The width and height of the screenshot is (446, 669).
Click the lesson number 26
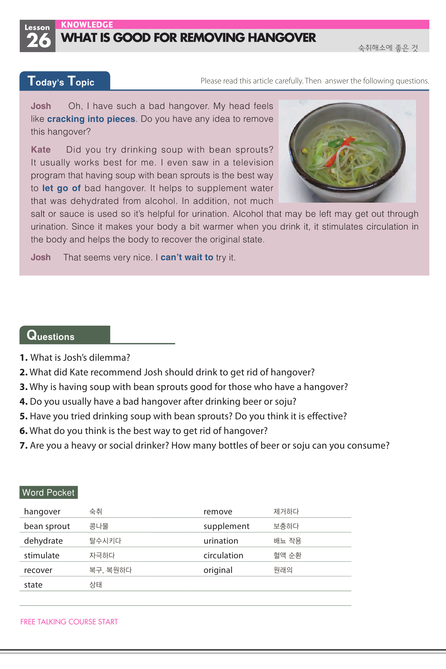tap(38, 41)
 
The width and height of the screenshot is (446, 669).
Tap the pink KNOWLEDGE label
tap(87, 25)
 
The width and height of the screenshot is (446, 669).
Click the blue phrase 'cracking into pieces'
tap(91, 119)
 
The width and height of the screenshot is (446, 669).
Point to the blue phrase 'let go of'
tap(61, 188)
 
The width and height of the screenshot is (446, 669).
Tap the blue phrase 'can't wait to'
tap(187, 257)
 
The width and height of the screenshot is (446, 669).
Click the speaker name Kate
tap(41, 150)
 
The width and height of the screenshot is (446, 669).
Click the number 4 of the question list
tap(23, 402)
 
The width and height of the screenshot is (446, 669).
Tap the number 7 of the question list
tap(23, 446)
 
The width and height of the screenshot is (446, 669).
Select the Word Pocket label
tap(48, 493)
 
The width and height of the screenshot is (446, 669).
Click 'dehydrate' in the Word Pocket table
tap(43, 541)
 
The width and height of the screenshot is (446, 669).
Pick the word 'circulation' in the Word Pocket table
tap(223, 556)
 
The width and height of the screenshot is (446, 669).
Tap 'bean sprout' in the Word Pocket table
tap(47, 526)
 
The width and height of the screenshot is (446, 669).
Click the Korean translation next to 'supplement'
tap(286, 526)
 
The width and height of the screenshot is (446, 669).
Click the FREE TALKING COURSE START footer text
tap(69, 622)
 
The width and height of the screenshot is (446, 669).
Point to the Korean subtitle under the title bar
tap(388, 48)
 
